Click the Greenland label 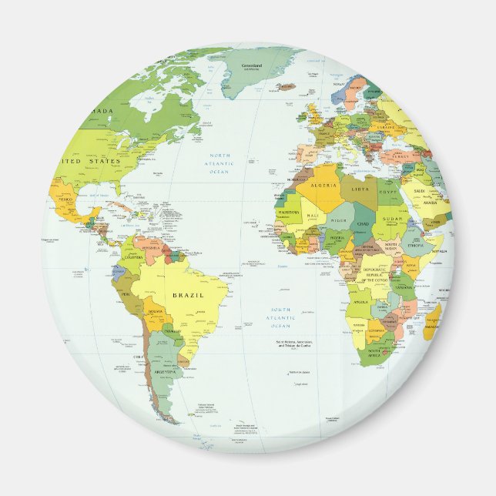[252, 66]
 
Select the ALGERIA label [326, 186]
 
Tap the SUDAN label [393, 219]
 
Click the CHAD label [364, 223]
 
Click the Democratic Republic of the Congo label [377, 275]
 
